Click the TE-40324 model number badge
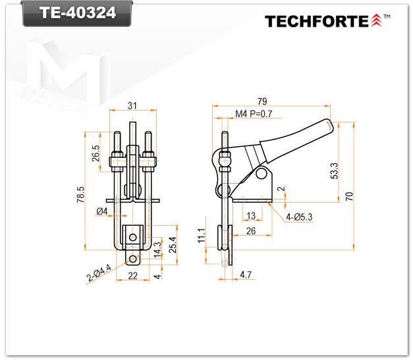[x=77, y=13]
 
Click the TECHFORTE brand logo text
[x=317, y=21]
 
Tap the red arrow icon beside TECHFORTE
[x=376, y=20]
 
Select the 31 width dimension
[x=132, y=106]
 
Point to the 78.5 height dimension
[x=80, y=194]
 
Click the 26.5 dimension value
[x=96, y=153]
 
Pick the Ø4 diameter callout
[x=102, y=211]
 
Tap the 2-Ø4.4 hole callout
[x=99, y=272]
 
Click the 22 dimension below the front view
[x=133, y=276]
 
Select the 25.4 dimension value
[x=173, y=245]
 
